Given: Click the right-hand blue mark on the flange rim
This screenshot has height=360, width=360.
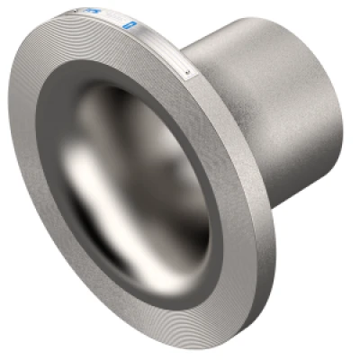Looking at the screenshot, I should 133,19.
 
